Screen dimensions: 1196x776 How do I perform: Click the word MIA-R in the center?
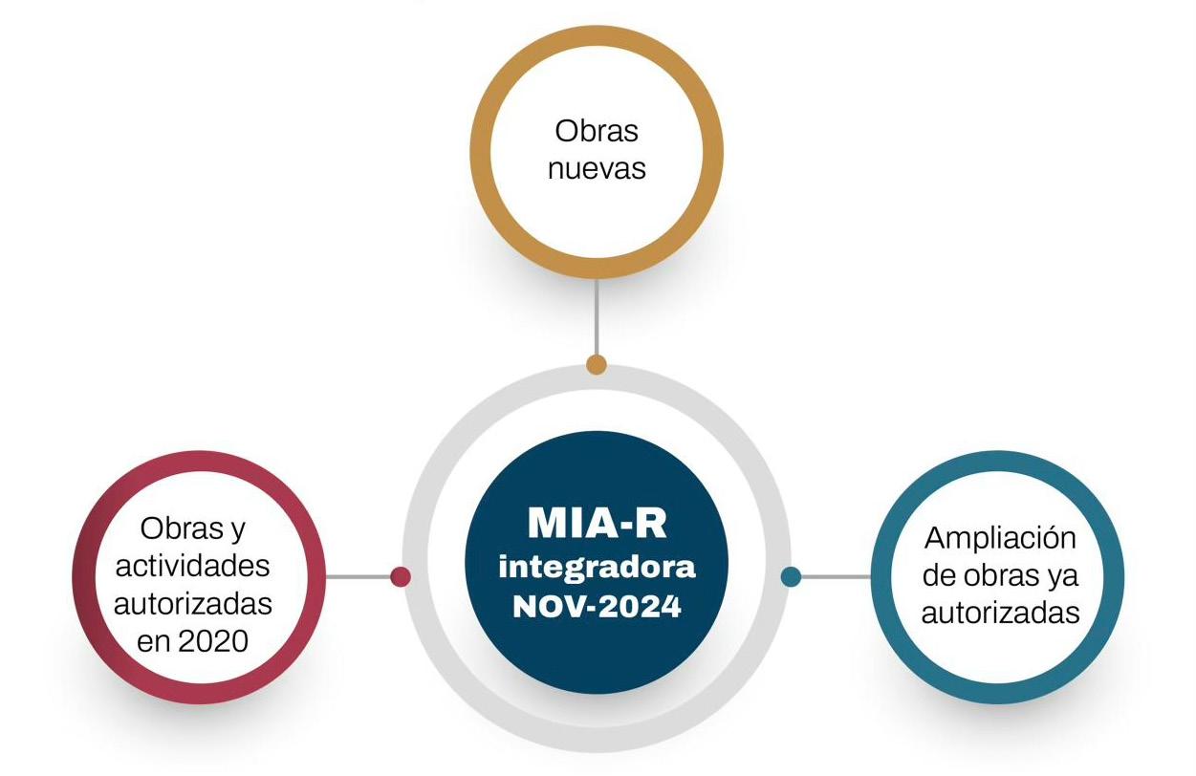[597, 525]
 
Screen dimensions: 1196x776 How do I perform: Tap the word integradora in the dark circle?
[597, 568]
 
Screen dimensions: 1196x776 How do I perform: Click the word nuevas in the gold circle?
[597, 169]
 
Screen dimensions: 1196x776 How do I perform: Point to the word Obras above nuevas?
[597, 131]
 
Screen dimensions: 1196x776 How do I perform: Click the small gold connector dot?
[597, 364]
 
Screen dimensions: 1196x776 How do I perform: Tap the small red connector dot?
[401, 576]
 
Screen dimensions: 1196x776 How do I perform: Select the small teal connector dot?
[791, 576]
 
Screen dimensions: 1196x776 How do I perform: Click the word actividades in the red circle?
[193, 566]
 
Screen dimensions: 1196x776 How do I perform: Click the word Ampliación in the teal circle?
[1000, 538]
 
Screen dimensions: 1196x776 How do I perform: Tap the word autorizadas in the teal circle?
[1000, 613]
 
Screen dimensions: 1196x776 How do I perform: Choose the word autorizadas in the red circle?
[193, 604]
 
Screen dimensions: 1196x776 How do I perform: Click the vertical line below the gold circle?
[597, 315]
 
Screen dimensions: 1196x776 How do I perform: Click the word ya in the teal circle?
[1065, 575]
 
